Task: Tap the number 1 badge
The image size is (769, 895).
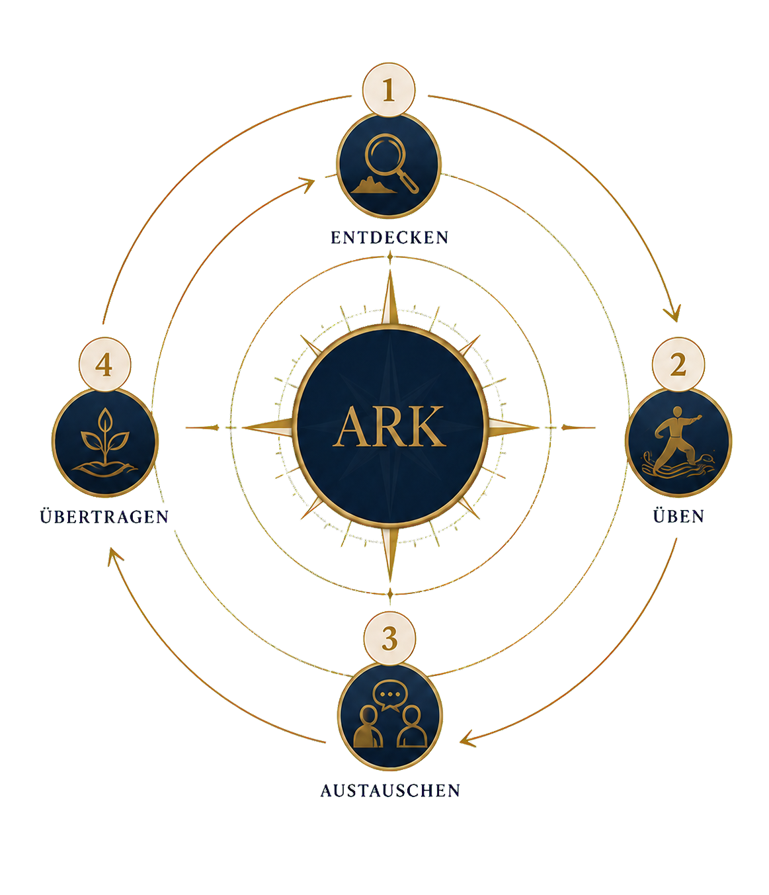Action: click(389, 90)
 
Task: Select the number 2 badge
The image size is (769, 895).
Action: click(678, 364)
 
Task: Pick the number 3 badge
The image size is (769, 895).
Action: click(389, 638)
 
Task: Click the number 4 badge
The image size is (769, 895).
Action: click(104, 364)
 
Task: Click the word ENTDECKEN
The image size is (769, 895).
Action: click(389, 237)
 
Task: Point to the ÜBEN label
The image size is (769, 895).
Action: click(678, 516)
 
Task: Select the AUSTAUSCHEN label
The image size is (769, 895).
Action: click(390, 791)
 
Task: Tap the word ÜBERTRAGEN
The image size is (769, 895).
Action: click(104, 516)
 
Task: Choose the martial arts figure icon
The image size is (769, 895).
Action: click(678, 442)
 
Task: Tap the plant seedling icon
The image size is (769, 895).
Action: click(104, 442)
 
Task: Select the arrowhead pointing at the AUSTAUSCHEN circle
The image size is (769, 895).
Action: click(467, 738)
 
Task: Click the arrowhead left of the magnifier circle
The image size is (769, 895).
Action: click(307, 184)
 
